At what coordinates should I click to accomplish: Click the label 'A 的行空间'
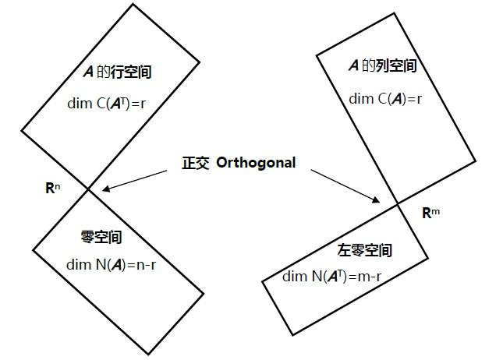point(118,72)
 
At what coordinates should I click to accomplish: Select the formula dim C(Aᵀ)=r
point(106,104)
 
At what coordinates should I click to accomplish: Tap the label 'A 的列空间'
point(382,66)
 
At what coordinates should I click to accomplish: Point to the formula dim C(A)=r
point(385,99)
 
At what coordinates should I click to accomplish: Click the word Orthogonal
point(256,163)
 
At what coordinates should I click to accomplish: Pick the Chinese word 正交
point(196,163)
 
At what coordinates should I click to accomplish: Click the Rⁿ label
point(52,188)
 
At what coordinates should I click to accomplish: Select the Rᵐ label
point(430,213)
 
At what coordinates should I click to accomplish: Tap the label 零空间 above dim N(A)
point(101,237)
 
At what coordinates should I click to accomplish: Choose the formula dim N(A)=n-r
point(111,265)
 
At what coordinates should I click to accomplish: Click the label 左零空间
point(364,250)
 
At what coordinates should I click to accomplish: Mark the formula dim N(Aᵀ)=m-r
point(331,277)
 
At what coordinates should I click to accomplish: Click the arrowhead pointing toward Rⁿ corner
point(106,189)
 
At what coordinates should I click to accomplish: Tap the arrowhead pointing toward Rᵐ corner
point(376,199)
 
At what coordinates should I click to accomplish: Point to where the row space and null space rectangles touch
point(88,190)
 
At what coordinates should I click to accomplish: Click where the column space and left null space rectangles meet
point(398,204)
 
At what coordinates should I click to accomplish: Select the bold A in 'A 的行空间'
point(88,72)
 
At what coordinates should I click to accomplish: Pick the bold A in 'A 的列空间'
point(353,66)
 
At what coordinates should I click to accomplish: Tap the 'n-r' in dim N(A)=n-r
point(147,265)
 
